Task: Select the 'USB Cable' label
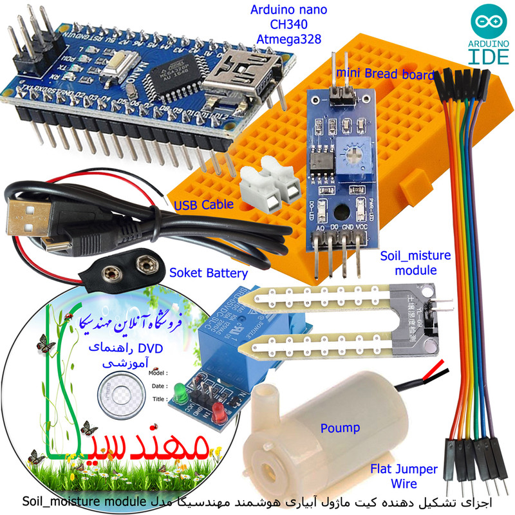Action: [203, 205]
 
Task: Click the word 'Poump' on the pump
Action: [340, 428]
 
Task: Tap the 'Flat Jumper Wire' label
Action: [404, 476]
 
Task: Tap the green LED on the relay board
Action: [179, 389]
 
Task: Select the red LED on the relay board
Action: [219, 409]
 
